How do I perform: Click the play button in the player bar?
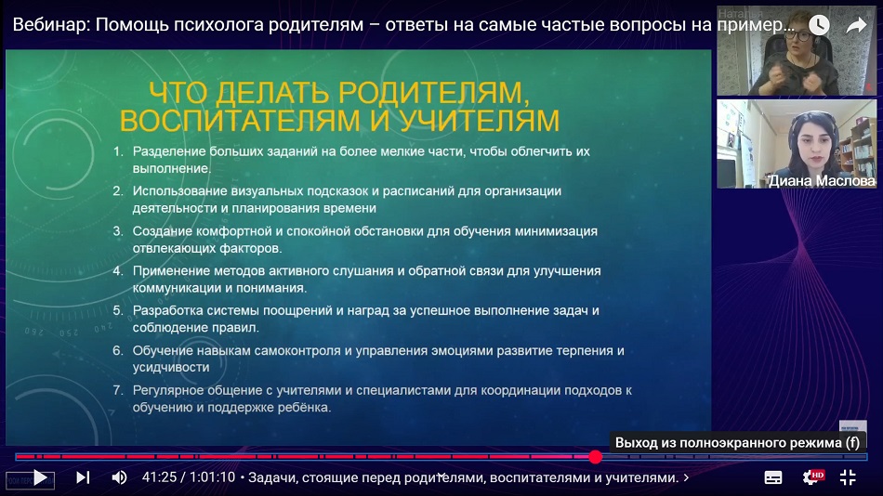coord(40,477)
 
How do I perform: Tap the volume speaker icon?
coord(119,477)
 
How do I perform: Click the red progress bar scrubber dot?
coord(595,457)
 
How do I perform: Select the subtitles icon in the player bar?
coord(773,477)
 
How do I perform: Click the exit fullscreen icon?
coord(848,477)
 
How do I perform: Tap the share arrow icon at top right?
coord(856,25)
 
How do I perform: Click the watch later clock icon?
coord(819,25)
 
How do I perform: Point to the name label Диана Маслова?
coord(822,181)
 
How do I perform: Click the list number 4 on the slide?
coord(117,271)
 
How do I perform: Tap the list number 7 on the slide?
coord(117,390)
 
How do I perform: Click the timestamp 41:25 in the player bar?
coord(159,477)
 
